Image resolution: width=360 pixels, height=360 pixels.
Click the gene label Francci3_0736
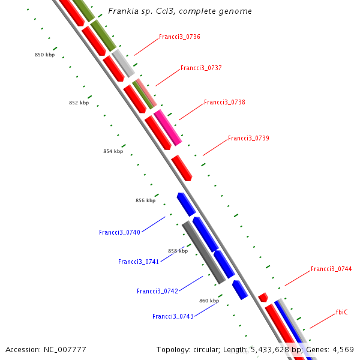179,37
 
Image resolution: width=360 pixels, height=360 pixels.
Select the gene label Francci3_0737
201,68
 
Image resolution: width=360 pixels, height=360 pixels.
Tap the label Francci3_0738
224,103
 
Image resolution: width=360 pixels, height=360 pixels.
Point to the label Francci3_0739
248,139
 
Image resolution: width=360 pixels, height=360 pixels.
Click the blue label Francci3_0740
119,232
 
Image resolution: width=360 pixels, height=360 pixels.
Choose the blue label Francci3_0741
139,262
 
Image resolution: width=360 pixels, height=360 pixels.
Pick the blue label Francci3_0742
157,291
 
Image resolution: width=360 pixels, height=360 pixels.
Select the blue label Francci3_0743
173,316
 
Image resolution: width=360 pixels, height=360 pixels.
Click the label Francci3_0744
331,269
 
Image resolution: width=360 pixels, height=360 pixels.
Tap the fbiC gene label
341,313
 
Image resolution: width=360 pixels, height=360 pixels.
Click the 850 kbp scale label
44,55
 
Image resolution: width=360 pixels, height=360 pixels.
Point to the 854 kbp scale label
113,152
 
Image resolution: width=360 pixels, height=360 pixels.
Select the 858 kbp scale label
178,251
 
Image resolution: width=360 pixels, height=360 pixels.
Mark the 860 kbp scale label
209,301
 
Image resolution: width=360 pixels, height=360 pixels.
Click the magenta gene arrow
167,127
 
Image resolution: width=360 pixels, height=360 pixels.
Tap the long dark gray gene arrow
203,252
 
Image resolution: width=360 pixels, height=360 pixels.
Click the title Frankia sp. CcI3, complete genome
180,11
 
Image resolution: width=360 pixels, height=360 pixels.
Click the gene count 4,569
341,349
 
